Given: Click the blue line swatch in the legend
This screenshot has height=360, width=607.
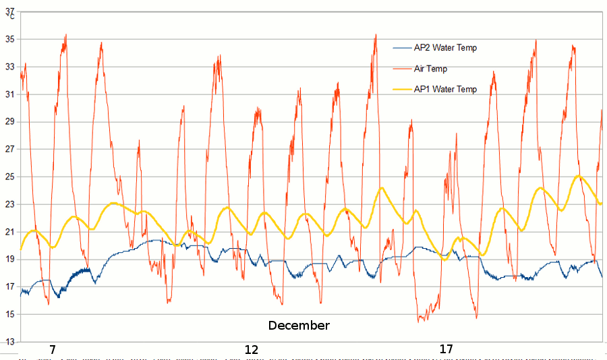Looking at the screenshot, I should pyautogui.click(x=402, y=48).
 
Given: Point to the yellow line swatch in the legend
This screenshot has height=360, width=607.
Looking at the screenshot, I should pyautogui.click(x=402, y=89).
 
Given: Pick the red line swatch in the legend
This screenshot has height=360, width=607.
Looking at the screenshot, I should pyautogui.click(x=402, y=69).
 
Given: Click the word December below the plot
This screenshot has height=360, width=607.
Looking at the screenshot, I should pyautogui.click(x=299, y=326).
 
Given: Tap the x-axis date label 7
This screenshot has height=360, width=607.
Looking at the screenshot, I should pyautogui.click(x=52, y=349).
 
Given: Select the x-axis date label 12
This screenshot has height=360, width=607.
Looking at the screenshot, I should pyautogui.click(x=251, y=349).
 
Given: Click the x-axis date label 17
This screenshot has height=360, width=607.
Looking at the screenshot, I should pyautogui.click(x=446, y=349).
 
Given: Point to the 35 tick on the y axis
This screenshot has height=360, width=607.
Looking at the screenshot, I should pyautogui.click(x=9, y=39).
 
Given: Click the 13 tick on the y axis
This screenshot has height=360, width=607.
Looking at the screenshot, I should pyautogui.click(x=9, y=342).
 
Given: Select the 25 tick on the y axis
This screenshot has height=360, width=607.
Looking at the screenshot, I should pyautogui.click(x=9, y=177).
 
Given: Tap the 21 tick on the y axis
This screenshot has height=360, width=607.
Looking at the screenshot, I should pyautogui.click(x=9, y=232).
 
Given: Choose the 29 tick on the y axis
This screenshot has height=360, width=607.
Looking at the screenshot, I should pyautogui.click(x=9, y=122).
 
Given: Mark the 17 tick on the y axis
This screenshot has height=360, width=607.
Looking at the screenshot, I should pyautogui.click(x=9, y=287).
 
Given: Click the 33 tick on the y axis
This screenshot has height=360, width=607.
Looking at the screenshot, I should pyautogui.click(x=9, y=67).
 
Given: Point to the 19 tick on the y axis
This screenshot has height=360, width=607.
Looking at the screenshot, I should pyautogui.click(x=9, y=260).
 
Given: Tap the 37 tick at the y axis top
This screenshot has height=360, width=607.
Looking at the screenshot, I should pyautogui.click(x=9, y=11).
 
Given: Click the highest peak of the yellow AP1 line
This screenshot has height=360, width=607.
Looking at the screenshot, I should pyautogui.click(x=579, y=177).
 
